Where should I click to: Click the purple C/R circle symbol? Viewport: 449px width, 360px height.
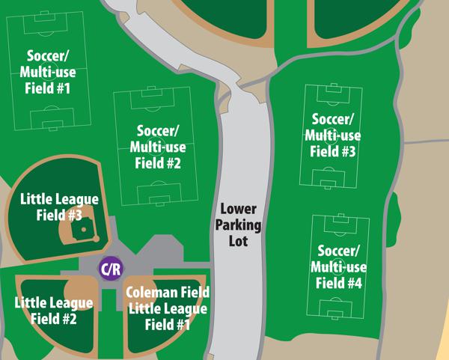(x=109, y=268)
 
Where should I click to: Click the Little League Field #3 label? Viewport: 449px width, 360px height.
(x=58, y=207)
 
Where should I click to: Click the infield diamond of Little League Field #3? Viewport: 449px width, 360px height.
(x=78, y=234)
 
